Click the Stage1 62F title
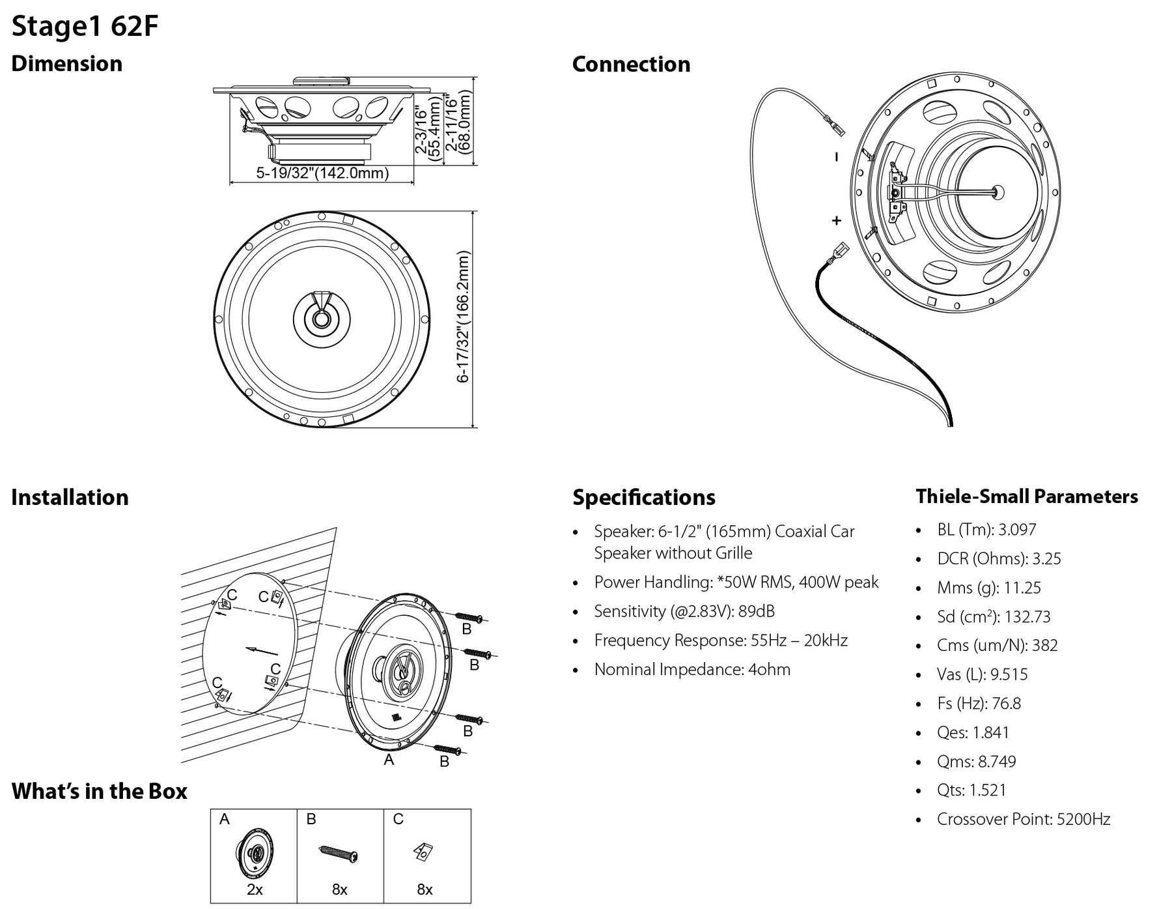[x=85, y=27]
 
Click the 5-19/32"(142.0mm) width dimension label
[x=322, y=173]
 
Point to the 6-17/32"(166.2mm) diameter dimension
[x=463, y=318]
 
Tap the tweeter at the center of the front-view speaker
[x=322, y=319]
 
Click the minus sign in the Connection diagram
[x=837, y=157]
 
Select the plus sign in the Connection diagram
[x=837, y=221]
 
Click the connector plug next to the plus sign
[x=839, y=252]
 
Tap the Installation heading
[x=70, y=497]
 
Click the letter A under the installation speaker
[x=389, y=760]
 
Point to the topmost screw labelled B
[x=469, y=617]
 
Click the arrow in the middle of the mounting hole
[x=262, y=651]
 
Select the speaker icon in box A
[x=254, y=853]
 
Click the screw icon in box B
[x=339, y=854]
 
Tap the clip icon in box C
[x=423, y=852]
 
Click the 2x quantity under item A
[x=255, y=889]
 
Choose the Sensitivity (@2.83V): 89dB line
[x=684, y=611]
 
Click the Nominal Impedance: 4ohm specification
[x=691, y=669]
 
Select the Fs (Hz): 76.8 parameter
[x=979, y=704]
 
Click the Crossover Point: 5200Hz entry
[x=1023, y=819]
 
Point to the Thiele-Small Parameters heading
[x=1027, y=497]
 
